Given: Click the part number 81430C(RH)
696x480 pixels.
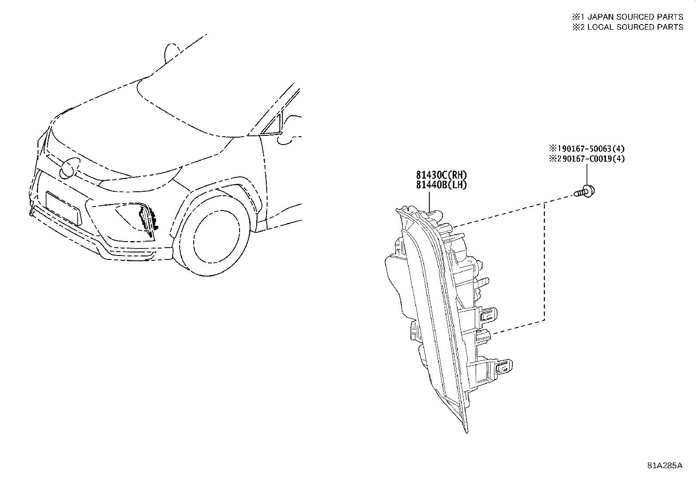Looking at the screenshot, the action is [442, 175].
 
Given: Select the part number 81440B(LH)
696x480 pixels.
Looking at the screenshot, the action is [442, 185].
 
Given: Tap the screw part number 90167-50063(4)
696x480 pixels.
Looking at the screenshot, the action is [593, 148].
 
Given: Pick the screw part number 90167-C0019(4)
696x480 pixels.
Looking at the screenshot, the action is [593, 159].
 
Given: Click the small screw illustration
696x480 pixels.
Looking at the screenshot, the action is [585, 191].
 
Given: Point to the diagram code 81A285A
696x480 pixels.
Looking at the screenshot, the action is [665, 466].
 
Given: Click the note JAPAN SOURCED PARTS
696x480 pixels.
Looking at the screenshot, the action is [635, 17].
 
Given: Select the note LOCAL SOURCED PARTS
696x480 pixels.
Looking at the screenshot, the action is [635, 27].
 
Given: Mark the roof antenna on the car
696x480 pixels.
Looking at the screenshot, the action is [171, 53].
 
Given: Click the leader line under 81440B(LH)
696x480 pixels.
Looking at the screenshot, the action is [429, 201].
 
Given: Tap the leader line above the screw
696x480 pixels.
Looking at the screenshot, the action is [587, 175].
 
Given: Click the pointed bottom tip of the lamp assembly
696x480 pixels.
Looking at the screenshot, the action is [466, 432].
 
